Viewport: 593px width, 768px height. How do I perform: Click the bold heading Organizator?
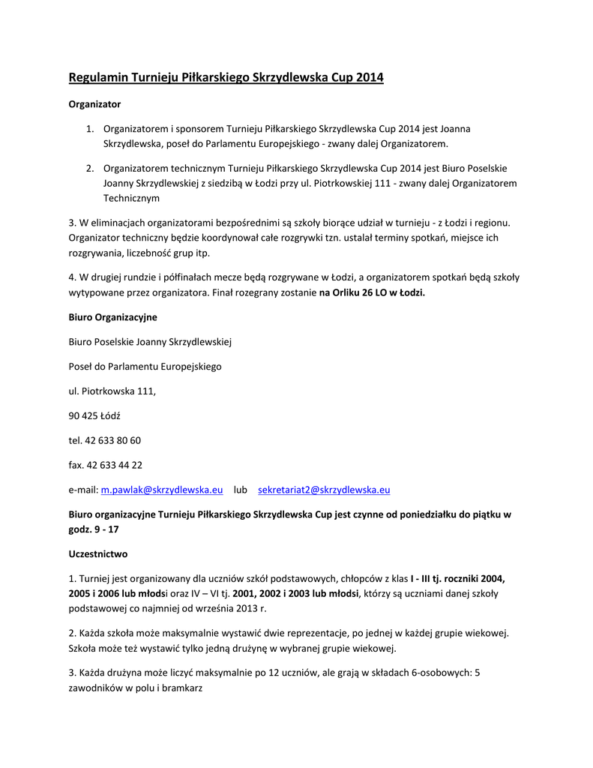(94, 104)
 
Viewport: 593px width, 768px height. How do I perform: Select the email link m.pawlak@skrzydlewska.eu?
(162, 490)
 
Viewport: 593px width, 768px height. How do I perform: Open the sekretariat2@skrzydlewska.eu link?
(324, 490)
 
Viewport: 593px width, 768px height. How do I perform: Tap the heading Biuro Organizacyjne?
(112, 317)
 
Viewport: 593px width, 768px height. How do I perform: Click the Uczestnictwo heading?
(98, 554)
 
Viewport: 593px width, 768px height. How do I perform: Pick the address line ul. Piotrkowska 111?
(112, 391)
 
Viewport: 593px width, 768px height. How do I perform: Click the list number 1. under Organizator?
(89, 129)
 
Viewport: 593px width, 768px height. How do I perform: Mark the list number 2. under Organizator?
(89, 168)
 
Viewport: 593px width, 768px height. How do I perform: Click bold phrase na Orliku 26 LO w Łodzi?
(372, 293)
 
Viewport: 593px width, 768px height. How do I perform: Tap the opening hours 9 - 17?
(106, 529)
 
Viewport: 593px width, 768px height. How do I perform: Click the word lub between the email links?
(240, 490)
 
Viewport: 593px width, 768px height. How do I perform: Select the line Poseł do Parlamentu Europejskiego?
(145, 367)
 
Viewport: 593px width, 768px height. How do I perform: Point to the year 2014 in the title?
(370, 77)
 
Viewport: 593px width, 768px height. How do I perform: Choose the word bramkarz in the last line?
(184, 687)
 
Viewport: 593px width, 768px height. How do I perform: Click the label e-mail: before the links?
(83, 490)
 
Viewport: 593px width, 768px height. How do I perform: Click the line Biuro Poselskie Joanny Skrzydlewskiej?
(150, 342)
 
